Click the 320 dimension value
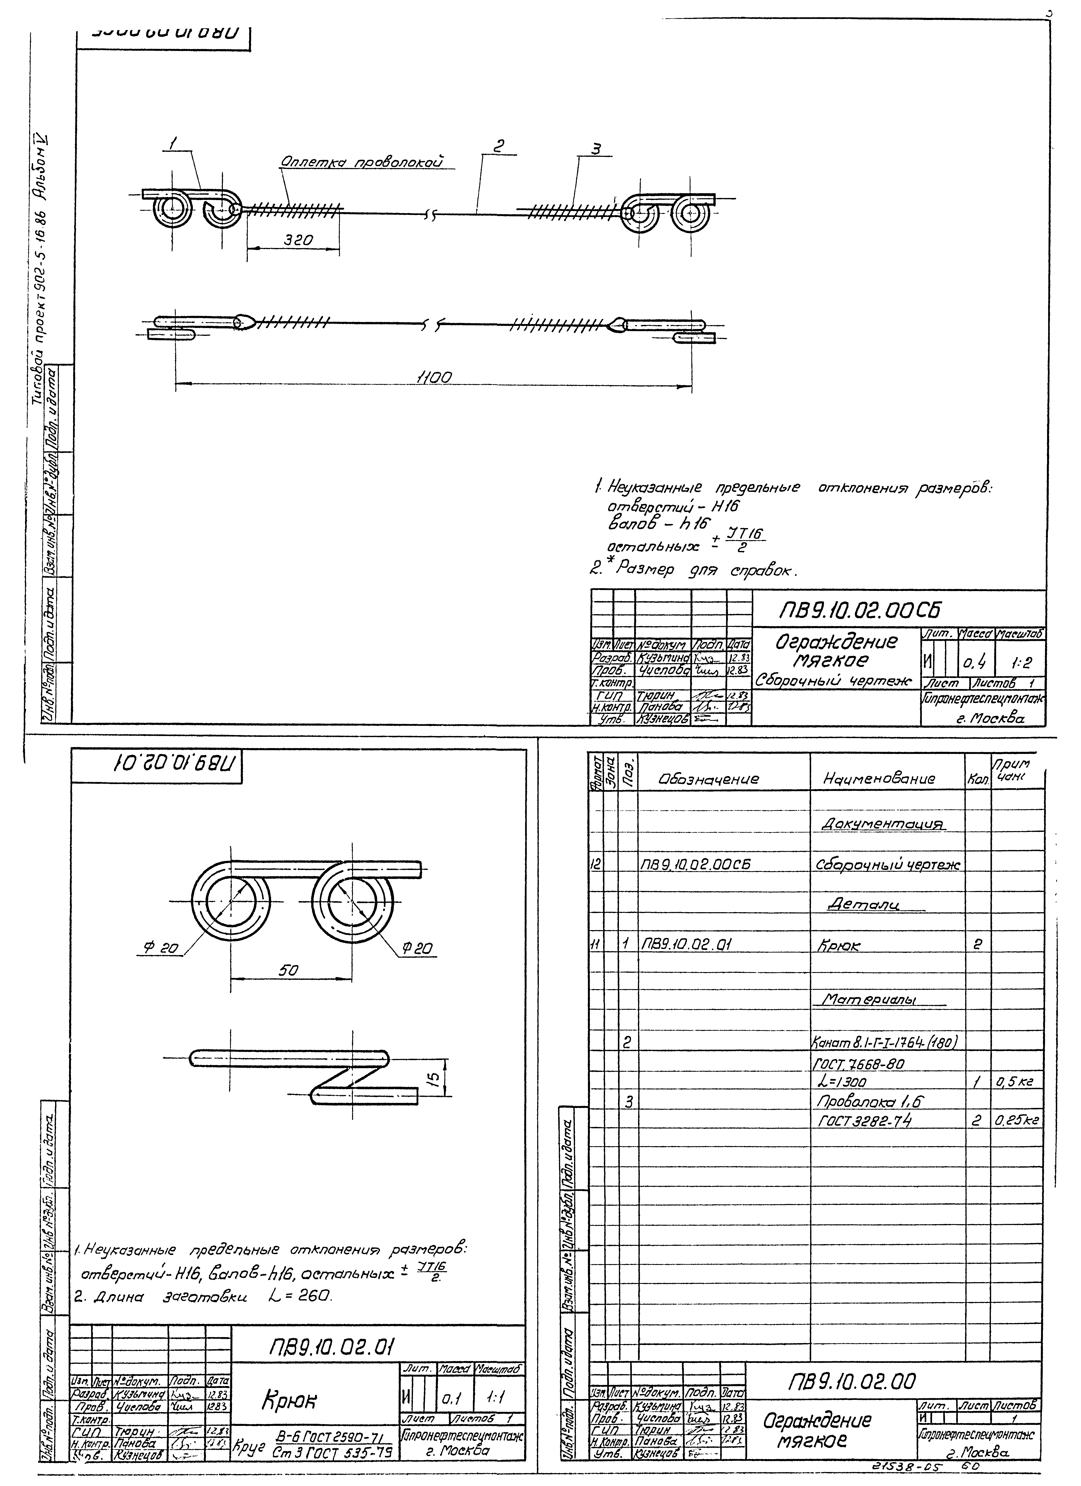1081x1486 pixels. point(298,240)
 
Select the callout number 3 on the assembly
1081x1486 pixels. point(595,149)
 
